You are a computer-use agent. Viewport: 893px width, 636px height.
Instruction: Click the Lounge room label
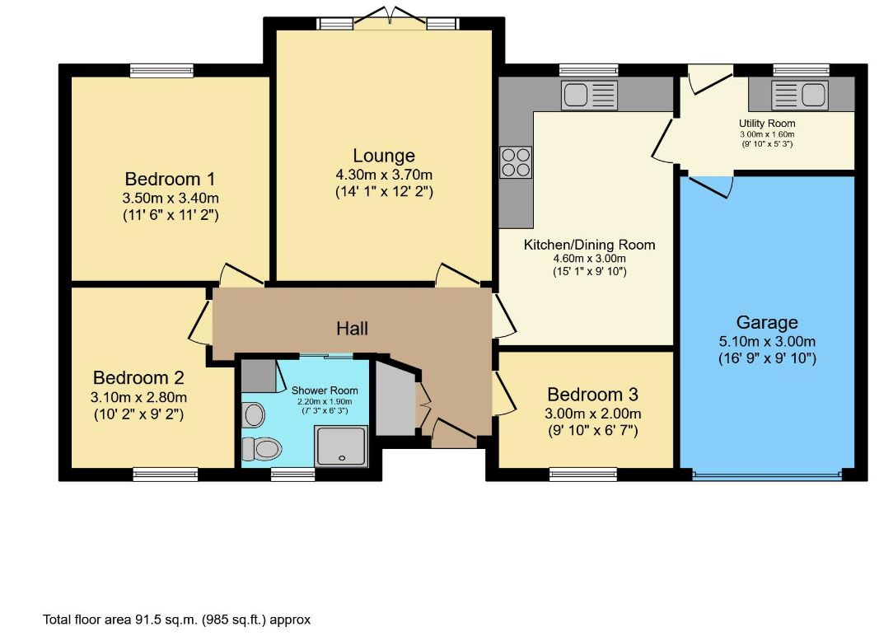point(384,156)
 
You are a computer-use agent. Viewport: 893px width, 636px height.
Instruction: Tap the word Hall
point(352,329)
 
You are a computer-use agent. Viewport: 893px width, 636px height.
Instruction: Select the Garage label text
point(767,322)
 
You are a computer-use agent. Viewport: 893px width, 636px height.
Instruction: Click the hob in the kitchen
point(516,162)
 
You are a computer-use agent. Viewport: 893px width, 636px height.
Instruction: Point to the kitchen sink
point(590,95)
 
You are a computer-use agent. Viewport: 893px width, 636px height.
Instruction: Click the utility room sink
point(799,95)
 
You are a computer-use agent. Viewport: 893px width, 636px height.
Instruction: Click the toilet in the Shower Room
point(261,449)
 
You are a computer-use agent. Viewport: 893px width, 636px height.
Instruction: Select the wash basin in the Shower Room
point(254,414)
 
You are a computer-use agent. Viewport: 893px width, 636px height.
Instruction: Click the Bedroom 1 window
point(161,71)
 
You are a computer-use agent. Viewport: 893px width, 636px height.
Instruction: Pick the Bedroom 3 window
point(583,474)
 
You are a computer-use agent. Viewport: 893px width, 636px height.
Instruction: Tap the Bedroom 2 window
point(165,474)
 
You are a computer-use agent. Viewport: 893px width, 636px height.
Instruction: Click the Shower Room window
point(292,474)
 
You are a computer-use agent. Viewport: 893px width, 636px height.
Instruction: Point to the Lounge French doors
point(390,17)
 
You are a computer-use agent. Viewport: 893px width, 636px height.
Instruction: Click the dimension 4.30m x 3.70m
point(384,175)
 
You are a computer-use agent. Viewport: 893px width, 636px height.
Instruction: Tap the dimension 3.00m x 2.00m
point(593,414)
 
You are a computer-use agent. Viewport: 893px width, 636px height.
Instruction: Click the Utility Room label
point(767,123)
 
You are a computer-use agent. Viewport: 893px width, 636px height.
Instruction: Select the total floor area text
point(177,620)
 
